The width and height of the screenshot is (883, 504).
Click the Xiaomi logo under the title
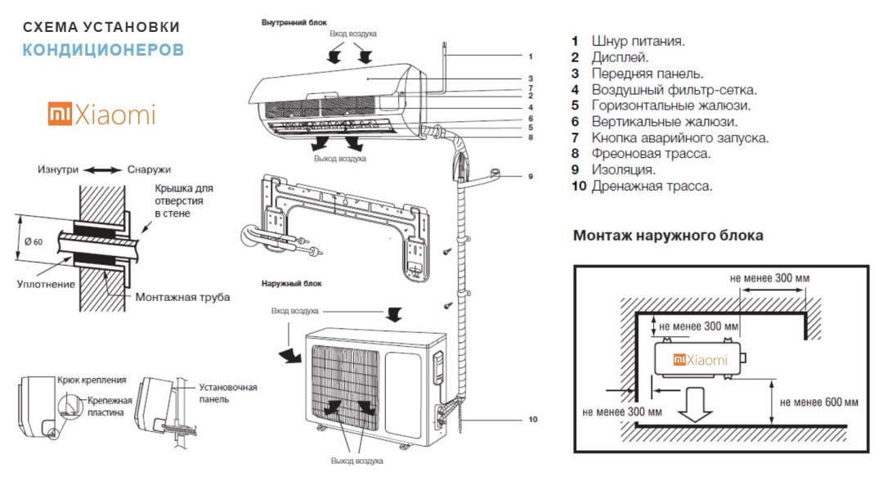click(x=101, y=115)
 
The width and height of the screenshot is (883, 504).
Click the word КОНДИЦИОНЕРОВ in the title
click(x=103, y=50)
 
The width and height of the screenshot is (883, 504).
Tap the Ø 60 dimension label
click(x=34, y=241)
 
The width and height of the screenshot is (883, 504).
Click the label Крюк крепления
click(x=92, y=380)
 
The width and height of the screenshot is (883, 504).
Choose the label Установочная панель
click(x=228, y=393)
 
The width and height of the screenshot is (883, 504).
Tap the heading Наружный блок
click(x=292, y=283)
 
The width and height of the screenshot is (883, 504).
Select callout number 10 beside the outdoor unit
click(x=533, y=420)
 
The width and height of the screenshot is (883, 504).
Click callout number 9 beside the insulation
click(x=530, y=176)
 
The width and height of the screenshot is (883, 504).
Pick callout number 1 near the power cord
click(x=530, y=56)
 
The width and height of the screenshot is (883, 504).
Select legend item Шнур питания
click(x=638, y=41)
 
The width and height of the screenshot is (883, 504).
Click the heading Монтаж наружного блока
click(x=668, y=236)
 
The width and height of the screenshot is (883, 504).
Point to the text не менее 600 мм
click(x=819, y=402)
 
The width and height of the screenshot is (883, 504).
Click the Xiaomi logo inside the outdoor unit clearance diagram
click(x=700, y=360)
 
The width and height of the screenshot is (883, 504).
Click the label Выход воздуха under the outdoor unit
click(x=356, y=461)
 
